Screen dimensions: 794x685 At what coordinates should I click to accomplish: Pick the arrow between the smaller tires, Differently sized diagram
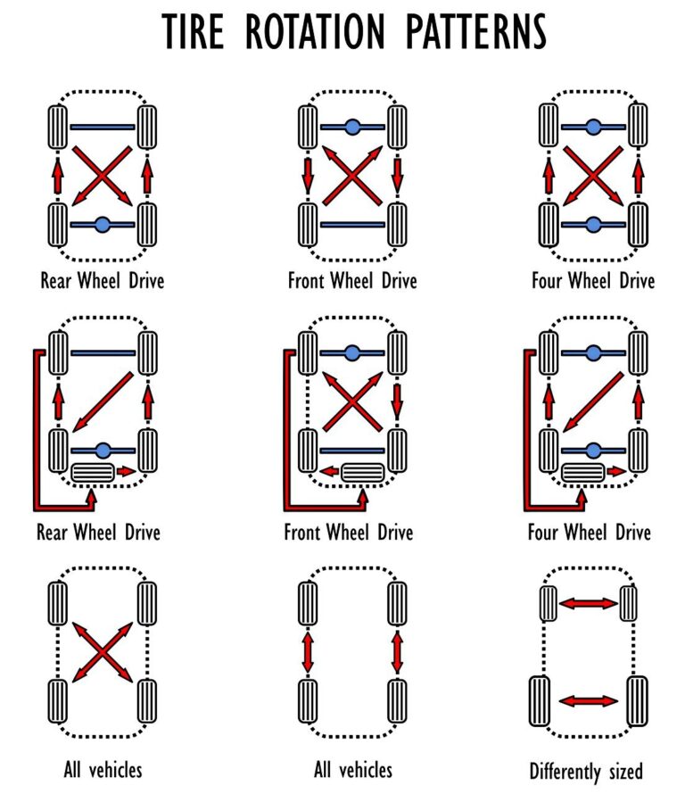[x=588, y=603]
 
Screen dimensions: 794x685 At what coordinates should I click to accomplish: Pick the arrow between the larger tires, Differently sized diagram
[x=588, y=700]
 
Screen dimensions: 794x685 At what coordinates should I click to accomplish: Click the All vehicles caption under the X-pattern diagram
[x=103, y=769]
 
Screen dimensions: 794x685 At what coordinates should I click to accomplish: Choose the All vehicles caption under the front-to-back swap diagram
[x=353, y=769]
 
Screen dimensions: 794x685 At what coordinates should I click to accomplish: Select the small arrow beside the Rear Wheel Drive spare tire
[x=127, y=470]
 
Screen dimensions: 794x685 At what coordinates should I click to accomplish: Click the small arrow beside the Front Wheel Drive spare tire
[x=328, y=470]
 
